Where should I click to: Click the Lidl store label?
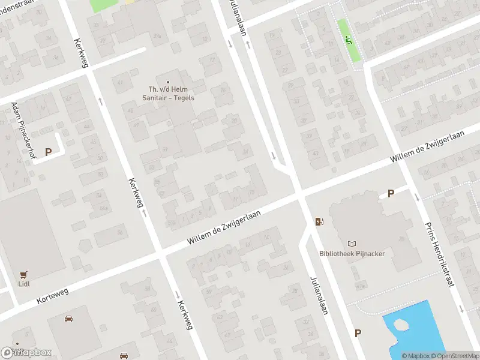tap(25, 284)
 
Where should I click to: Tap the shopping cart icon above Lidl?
tap(25, 274)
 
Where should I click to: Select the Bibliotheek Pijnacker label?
tap(352, 253)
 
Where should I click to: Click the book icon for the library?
tap(352, 244)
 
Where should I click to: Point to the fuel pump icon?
tap(320, 221)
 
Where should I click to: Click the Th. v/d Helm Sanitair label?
tap(168, 94)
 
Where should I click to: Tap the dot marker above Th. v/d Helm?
tap(168, 82)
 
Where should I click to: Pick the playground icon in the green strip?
tap(349, 40)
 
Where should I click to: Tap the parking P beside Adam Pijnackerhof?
tap(48, 152)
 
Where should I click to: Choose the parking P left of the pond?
tap(358, 333)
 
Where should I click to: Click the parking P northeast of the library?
tap(391, 193)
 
